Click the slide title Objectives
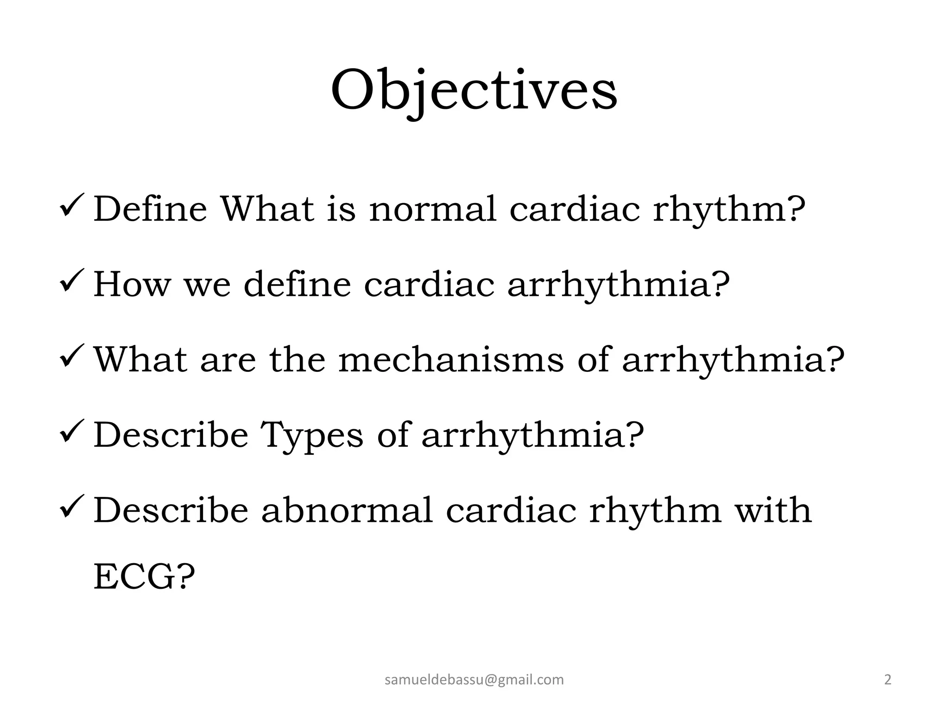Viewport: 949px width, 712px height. coord(474,90)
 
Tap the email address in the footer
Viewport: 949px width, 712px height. coord(474,680)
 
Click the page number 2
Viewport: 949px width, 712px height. coord(888,680)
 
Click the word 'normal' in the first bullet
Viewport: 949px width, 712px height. coord(433,210)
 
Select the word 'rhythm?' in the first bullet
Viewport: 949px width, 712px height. coord(729,210)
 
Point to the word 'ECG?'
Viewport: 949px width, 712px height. coord(144,577)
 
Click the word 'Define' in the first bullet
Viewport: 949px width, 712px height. coord(150,210)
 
